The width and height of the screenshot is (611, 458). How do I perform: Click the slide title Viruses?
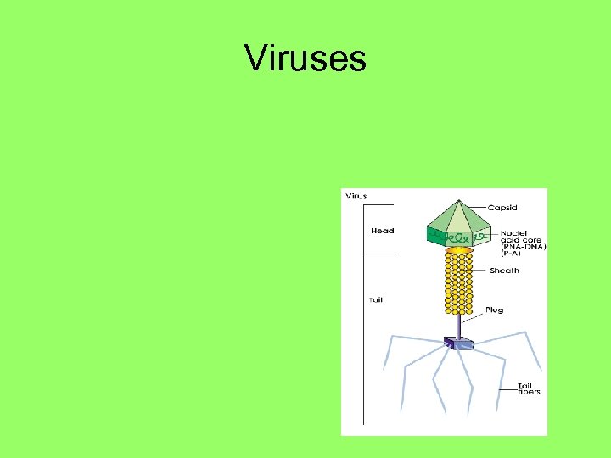click(x=305, y=59)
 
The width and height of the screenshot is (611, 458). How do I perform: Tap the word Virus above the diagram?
click(x=356, y=197)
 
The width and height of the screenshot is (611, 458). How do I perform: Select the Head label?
click(x=382, y=231)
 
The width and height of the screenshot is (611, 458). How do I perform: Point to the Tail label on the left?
click(x=375, y=299)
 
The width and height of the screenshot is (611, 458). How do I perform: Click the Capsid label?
click(x=502, y=208)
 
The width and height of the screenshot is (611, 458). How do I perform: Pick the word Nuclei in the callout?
click(x=513, y=232)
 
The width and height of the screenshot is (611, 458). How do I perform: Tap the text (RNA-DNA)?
click(x=523, y=247)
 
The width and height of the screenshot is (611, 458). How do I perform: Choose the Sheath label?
click(x=504, y=271)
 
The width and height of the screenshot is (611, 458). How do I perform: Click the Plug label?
click(x=495, y=310)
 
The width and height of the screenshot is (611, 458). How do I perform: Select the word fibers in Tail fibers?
click(x=530, y=392)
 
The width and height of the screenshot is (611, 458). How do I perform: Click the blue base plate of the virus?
click(x=458, y=343)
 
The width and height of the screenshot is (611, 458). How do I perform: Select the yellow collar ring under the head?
click(x=459, y=250)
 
